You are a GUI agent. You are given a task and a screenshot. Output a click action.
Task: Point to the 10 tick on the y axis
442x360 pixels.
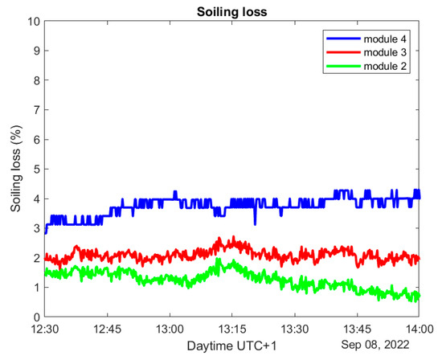click(31, 21)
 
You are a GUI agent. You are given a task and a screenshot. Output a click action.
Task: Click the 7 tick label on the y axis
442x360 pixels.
click(35, 110)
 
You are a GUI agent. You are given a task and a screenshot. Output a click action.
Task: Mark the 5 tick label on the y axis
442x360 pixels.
click(35, 169)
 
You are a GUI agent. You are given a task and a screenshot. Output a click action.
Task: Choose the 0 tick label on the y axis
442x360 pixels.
click(35, 317)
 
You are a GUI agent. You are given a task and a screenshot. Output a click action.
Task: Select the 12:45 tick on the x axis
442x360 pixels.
click(107, 328)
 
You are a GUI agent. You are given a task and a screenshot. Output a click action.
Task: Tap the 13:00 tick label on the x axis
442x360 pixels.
click(170, 328)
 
